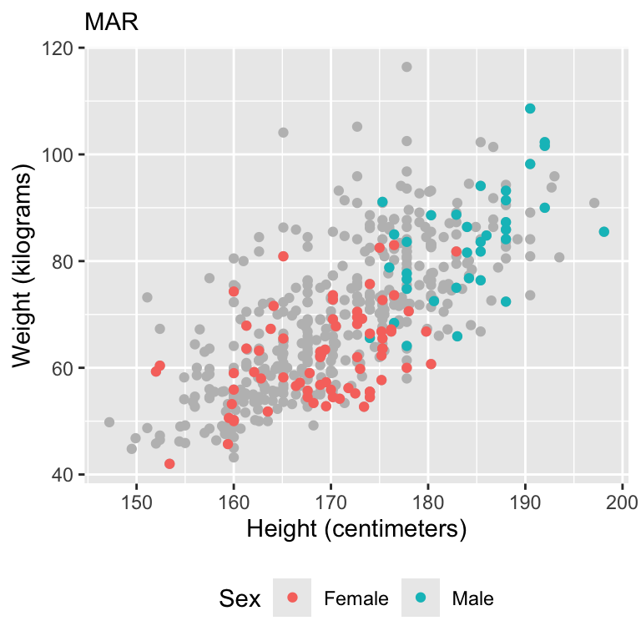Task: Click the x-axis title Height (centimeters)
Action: coord(355,529)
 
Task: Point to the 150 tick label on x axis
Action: coord(136,502)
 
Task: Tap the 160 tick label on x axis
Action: coord(234,502)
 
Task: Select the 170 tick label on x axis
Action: coord(331,502)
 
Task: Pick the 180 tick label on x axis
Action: coord(428,502)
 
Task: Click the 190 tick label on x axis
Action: coord(525,502)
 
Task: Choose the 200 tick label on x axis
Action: coord(623,502)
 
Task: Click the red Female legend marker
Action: coord(291,598)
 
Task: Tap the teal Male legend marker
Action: coord(420,598)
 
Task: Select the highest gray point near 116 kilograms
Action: coord(406,67)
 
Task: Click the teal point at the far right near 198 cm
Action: coord(603,232)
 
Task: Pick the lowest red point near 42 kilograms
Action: coord(169,464)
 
